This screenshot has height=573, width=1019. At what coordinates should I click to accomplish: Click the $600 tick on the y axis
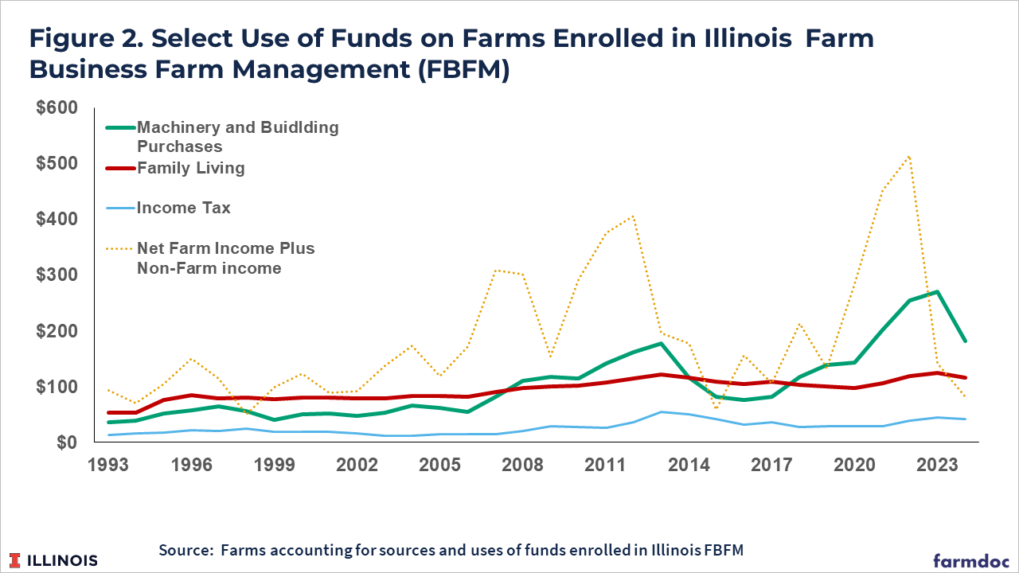(x=58, y=107)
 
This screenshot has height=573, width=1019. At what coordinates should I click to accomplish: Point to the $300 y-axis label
(x=58, y=275)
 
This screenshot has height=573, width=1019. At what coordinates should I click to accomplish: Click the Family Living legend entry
(x=191, y=168)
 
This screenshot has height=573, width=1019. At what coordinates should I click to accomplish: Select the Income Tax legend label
(x=184, y=209)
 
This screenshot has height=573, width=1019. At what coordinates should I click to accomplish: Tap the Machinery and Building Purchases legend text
(x=237, y=137)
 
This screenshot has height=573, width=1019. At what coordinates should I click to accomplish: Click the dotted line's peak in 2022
(x=909, y=156)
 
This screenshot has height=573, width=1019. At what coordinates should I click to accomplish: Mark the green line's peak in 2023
(x=938, y=291)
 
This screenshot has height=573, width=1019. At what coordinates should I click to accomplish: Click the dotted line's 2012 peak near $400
(x=634, y=216)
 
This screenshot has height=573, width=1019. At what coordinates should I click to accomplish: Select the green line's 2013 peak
(x=661, y=344)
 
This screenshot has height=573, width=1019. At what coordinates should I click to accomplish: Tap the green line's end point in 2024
(x=966, y=341)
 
